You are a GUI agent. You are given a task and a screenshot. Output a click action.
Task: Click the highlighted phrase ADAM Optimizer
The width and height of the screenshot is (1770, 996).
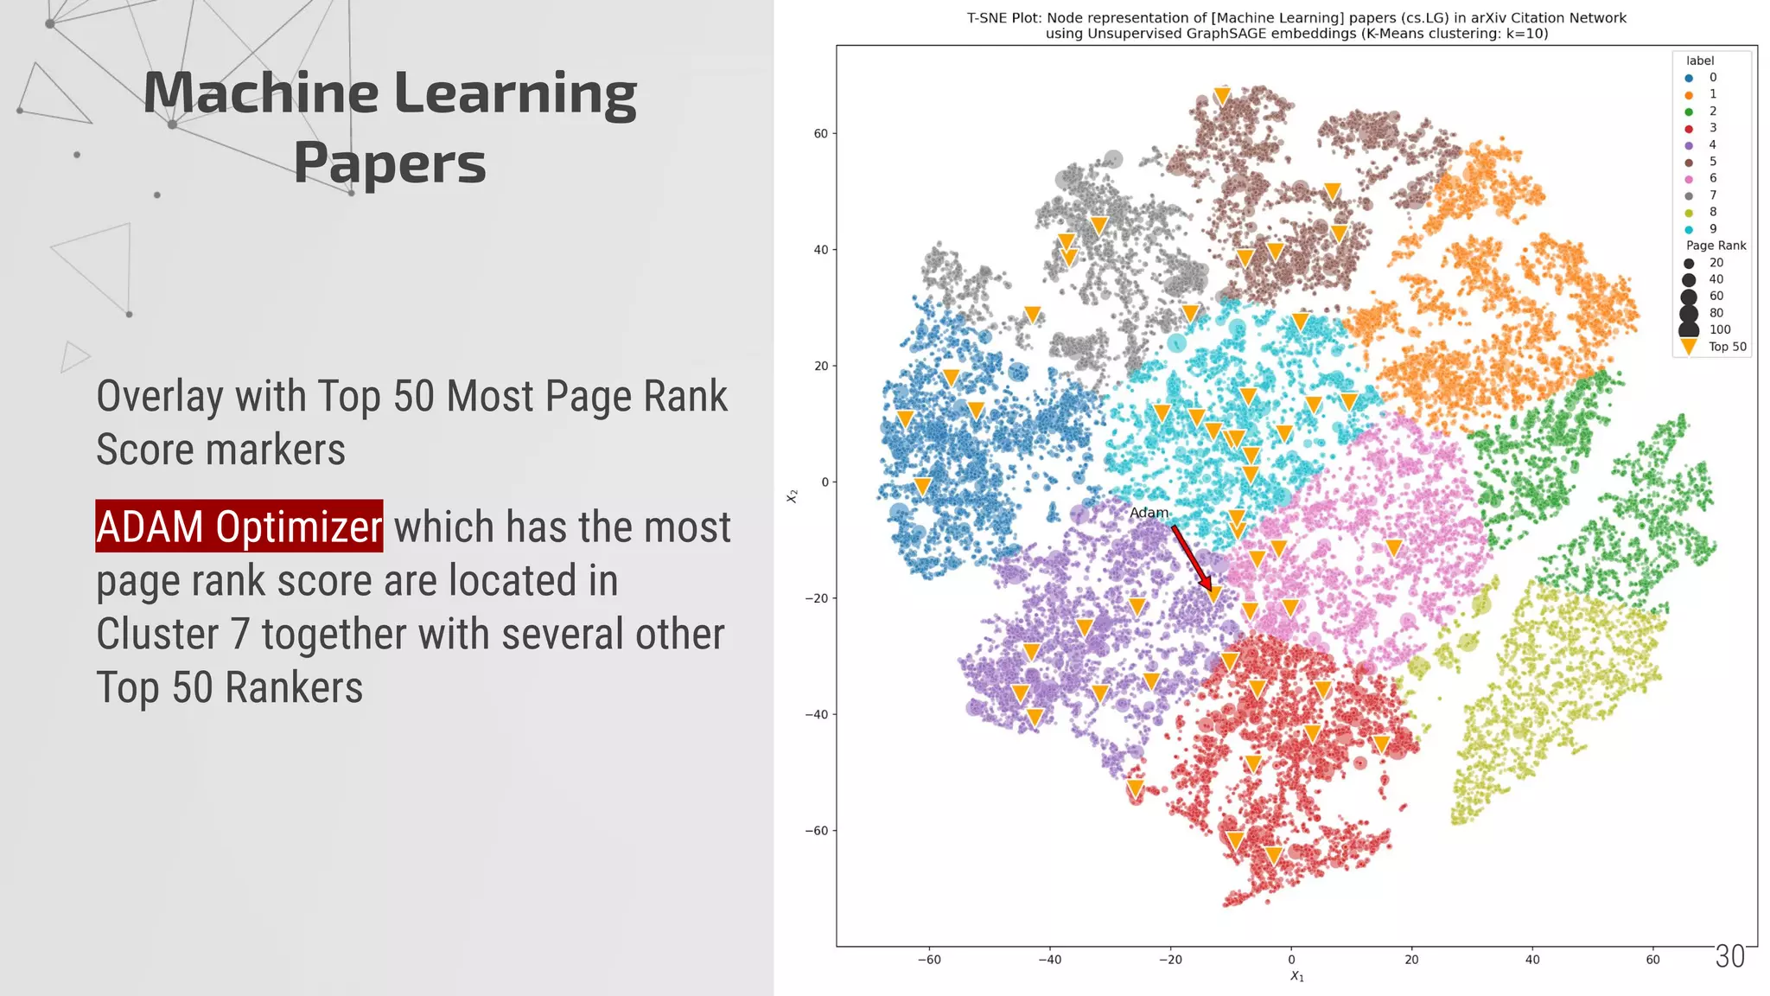tap(239, 527)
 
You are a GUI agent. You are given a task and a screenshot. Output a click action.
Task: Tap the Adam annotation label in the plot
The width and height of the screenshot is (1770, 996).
tap(1149, 513)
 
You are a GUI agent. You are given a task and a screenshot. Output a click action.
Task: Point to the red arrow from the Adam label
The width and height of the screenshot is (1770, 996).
tap(1192, 559)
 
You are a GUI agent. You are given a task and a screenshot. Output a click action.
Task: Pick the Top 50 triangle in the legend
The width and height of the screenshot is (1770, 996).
tap(1689, 348)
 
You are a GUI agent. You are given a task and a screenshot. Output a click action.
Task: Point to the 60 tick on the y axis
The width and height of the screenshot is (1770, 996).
tap(820, 134)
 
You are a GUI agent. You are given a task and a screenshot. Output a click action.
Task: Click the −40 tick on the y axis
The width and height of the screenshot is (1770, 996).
tap(817, 715)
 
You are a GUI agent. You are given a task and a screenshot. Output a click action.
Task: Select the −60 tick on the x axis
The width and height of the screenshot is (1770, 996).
tap(928, 960)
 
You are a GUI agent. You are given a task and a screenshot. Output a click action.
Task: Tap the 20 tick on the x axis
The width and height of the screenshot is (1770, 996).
tap(1411, 960)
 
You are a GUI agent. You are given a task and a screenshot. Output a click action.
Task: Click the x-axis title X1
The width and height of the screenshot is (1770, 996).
tap(1296, 976)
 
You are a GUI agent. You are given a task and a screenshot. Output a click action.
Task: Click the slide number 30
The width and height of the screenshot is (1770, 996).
tap(1730, 956)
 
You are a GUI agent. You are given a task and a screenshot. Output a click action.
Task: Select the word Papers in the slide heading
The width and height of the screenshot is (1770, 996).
tap(390, 163)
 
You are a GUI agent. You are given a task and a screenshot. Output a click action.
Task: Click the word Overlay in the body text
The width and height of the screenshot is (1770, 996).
tap(159, 397)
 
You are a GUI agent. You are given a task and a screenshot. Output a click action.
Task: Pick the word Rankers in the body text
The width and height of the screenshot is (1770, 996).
tap(294, 688)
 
